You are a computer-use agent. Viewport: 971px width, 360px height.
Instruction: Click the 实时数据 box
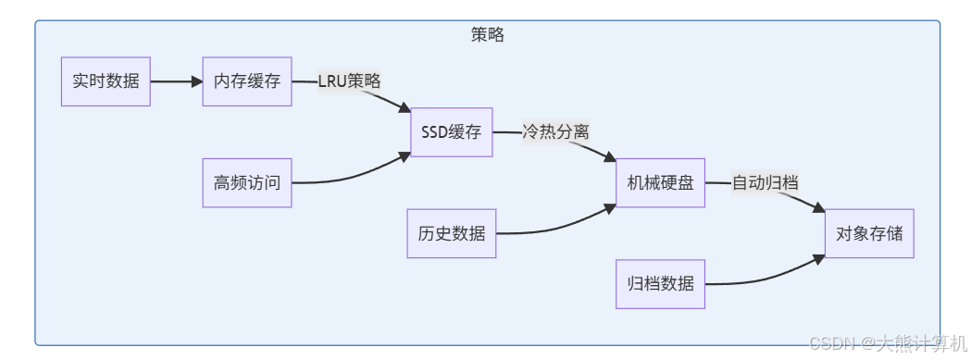tap(106, 81)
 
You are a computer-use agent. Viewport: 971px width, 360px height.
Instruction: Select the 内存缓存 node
tap(247, 81)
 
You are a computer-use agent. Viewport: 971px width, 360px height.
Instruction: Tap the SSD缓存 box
tap(452, 131)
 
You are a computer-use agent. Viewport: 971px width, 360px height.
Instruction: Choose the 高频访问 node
tap(247, 182)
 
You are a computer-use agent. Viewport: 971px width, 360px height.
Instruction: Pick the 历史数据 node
tap(452, 233)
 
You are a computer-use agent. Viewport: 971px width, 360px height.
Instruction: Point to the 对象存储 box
tap(869, 233)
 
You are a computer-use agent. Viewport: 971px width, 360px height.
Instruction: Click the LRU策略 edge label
tap(349, 81)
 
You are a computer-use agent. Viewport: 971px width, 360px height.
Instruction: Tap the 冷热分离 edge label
tap(555, 131)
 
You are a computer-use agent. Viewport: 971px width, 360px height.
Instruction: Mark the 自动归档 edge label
tap(765, 182)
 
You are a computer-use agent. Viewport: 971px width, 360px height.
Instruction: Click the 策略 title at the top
tap(488, 34)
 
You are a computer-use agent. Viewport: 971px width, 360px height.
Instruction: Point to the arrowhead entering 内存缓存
tap(196, 81)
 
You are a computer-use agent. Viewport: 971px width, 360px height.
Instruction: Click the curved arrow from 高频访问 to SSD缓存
tap(352, 174)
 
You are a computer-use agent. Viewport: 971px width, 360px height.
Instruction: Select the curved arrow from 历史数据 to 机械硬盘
tap(555, 226)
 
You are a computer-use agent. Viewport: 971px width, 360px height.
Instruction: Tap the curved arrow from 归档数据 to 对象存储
tap(765, 277)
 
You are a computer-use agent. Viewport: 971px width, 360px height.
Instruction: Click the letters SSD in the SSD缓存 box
tap(434, 131)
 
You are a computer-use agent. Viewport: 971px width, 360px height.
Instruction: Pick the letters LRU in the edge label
tap(332, 81)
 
